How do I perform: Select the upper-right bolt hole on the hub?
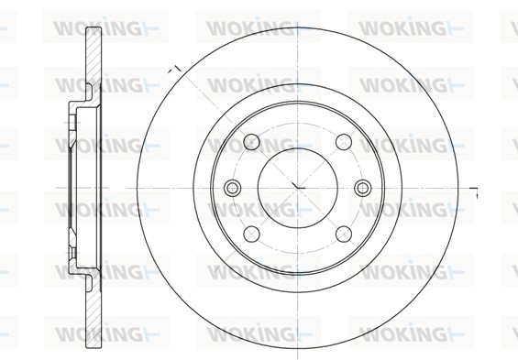coord(341,141)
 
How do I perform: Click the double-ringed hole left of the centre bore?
coord(232,188)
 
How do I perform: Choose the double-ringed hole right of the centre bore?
coord(361,188)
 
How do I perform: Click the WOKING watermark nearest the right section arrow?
coord(404,209)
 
